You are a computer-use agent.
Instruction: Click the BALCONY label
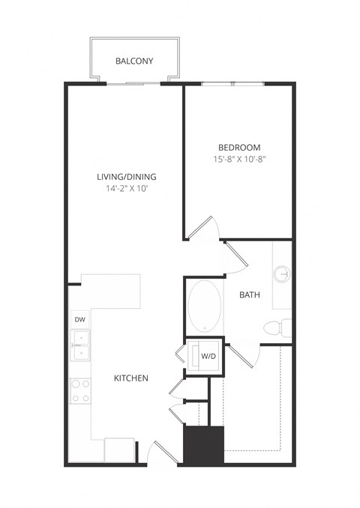[135, 61]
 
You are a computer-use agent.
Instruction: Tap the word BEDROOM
[239, 147]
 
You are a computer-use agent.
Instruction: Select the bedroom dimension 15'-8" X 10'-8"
[239, 160]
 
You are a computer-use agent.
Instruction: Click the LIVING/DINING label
[126, 177]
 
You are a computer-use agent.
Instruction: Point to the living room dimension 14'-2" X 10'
[126, 190]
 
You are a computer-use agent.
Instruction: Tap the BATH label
[250, 295]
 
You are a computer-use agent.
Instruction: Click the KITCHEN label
[130, 378]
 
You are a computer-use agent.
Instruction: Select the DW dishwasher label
[79, 320]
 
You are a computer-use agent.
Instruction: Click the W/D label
[208, 357]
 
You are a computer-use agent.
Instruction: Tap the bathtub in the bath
[204, 307]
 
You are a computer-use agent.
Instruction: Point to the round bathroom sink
[283, 273]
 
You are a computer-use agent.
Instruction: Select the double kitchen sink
[79, 345]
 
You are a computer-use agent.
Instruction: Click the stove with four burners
[79, 390]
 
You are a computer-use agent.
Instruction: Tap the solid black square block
[204, 445]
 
